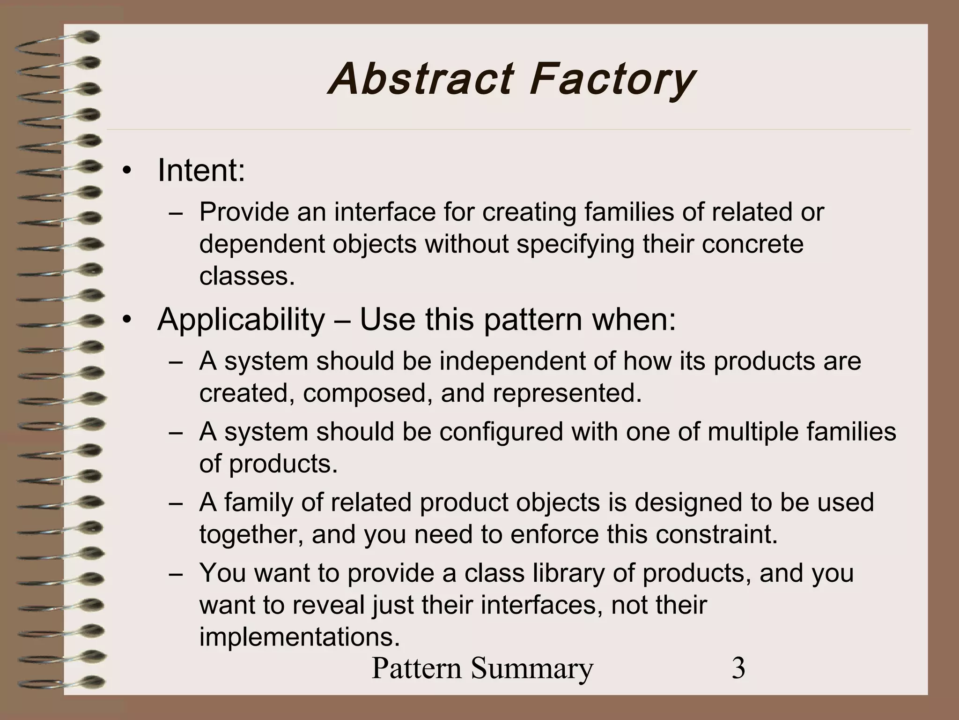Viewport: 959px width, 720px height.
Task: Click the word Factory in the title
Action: pos(611,80)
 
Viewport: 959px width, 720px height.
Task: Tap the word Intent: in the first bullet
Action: pos(201,170)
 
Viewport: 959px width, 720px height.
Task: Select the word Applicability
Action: pos(241,320)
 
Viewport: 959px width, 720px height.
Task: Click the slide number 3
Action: pos(738,668)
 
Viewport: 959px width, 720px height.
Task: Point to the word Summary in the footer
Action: pos(532,669)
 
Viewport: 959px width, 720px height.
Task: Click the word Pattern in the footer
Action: pos(418,668)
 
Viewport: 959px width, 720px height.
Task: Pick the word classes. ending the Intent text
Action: pos(247,276)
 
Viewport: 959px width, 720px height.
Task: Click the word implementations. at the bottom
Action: pos(300,637)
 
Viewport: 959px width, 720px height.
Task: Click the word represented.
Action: pos(567,393)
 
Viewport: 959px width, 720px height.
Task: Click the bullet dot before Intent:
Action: pos(125,172)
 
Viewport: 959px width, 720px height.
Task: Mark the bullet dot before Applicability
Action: pos(125,321)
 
